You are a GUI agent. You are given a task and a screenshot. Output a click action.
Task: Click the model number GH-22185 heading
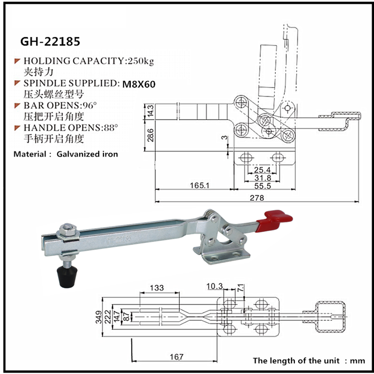50,41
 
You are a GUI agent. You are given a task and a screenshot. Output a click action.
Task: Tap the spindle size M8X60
139,84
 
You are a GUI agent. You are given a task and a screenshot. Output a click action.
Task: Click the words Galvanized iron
87,154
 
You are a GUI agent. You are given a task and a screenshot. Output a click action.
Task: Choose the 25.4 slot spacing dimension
262,170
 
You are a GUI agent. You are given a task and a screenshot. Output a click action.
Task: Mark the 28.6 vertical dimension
151,136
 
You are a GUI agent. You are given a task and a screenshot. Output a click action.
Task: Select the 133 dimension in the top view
157,288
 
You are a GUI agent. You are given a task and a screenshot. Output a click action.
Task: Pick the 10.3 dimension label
214,286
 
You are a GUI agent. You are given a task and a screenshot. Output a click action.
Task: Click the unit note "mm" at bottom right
358,361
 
